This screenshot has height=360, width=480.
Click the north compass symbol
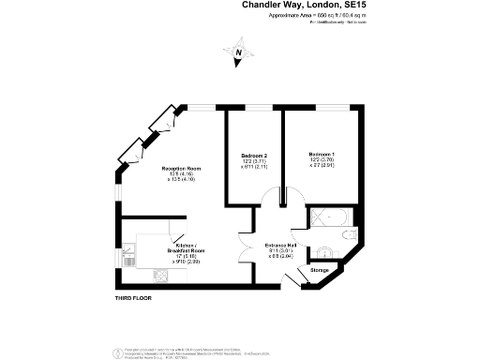(238, 53)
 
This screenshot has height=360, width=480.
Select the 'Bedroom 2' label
(254, 155)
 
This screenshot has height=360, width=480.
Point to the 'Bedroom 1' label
(321, 154)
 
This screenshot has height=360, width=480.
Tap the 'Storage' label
(320, 271)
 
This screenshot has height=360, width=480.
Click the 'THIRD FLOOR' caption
(125, 297)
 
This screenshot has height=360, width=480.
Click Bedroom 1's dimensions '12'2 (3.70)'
(321, 160)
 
